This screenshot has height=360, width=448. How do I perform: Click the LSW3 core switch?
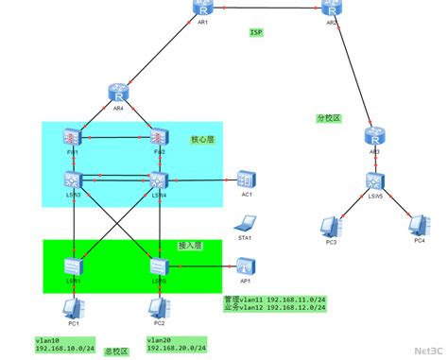pyautogui.click(x=75, y=179)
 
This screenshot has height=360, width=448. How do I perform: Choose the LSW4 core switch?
pyautogui.click(x=158, y=179)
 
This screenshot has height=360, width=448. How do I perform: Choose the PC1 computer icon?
pyautogui.click(x=72, y=308)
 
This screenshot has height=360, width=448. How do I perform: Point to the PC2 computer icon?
pyautogui.click(x=158, y=308)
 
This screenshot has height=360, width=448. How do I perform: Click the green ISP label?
pyautogui.click(x=256, y=32)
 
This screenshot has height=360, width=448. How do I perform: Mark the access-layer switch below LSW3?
pyautogui.click(x=75, y=266)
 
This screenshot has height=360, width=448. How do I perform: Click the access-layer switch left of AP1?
pyautogui.click(x=158, y=266)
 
